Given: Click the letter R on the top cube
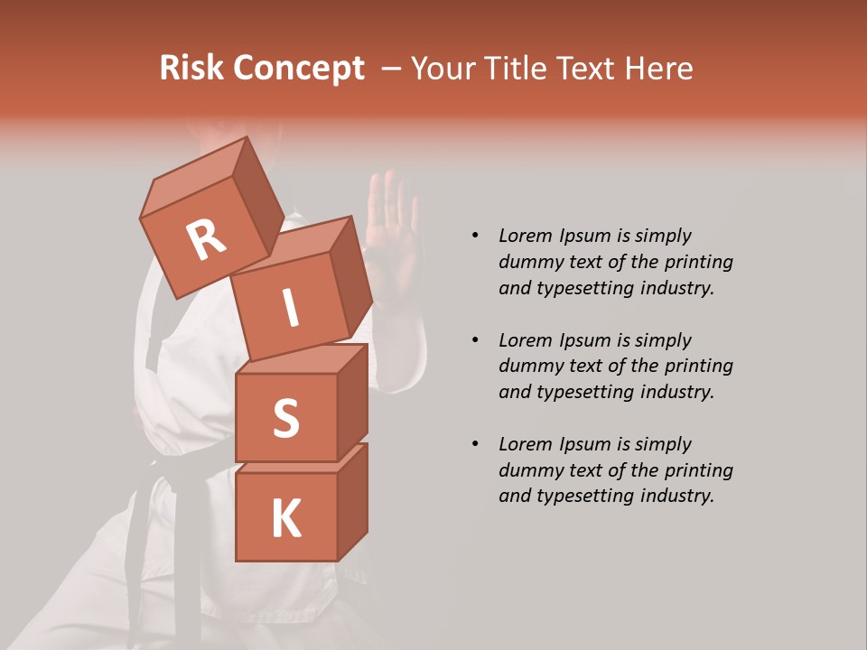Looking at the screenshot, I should click(x=205, y=240).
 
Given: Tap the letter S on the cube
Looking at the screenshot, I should click(x=285, y=418).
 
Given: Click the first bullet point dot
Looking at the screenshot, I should click(x=475, y=237).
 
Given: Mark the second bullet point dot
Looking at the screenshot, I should click(x=475, y=340).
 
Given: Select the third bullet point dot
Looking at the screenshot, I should click(x=475, y=444).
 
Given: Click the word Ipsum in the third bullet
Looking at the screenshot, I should click(x=586, y=444).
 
